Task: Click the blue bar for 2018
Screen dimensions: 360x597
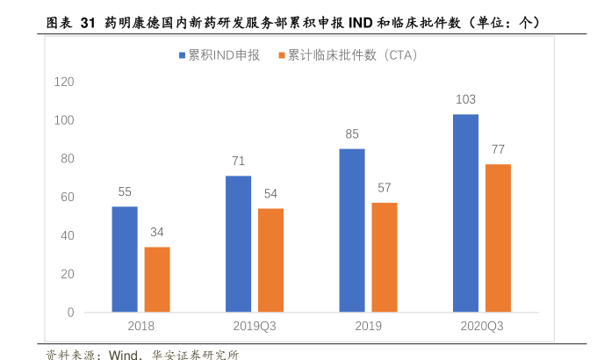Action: (125, 259)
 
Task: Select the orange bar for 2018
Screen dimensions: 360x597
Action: (157, 279)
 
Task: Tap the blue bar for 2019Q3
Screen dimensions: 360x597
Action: (238, 244)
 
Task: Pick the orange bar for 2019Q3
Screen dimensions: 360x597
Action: (270, 260)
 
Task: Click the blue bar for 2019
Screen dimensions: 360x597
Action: (352, 230)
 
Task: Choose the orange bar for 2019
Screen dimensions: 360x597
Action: (385, 257)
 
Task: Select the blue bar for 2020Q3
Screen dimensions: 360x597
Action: (465, 213)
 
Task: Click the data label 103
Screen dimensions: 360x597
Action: (465, 100)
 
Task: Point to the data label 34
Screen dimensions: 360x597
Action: (157, 233)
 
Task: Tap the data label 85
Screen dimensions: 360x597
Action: (352, 134)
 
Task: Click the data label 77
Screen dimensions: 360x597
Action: (498, 149)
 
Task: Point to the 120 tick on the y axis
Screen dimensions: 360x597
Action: (63, 82)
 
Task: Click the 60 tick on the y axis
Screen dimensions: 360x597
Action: (67, 197)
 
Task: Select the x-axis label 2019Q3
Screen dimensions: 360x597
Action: (255, 326)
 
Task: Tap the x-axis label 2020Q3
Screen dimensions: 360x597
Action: (482, 326)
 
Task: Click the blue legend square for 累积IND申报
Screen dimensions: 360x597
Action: (183, 55)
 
